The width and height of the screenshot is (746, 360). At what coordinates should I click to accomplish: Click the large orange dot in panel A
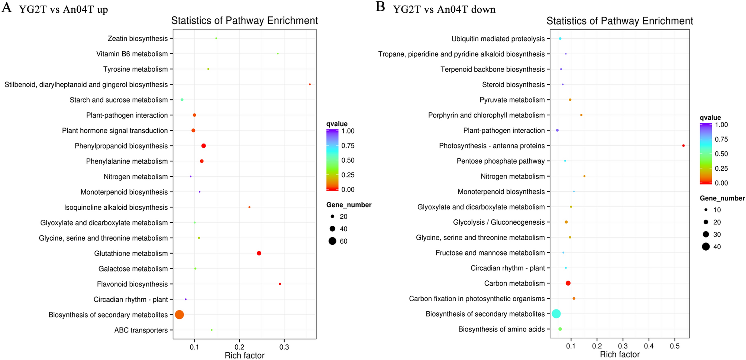click(179, 315)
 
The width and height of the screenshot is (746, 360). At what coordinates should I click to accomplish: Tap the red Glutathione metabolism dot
click(259, 253)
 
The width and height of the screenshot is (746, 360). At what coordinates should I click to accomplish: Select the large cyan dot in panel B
click(556, 314)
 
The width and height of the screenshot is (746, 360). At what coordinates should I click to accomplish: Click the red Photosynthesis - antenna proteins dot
click(683, 146)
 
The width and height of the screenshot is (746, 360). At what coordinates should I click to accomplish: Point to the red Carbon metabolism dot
click(568, 283)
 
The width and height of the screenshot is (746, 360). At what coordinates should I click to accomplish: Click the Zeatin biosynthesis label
click(138, 39)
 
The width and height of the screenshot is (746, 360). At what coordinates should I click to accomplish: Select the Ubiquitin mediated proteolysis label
click(498, 39)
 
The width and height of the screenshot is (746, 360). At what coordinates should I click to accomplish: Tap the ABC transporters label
click(141, 330)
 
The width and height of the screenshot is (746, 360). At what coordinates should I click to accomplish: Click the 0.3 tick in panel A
click(284, 347)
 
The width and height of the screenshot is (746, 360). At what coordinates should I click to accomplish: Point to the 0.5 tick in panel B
click(675, 346)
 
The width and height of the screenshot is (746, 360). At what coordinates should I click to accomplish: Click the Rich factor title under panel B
click(620, 354)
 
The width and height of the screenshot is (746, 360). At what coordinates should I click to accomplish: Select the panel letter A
click(6, 7)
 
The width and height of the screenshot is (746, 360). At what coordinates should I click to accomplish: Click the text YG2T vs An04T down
click(444, 9)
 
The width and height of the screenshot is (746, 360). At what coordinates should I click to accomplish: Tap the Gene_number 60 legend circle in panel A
click(332, 241)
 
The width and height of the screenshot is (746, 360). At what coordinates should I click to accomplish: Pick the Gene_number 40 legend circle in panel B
click(706, 247)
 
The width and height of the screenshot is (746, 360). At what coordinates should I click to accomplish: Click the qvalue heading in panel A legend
click(337, 124)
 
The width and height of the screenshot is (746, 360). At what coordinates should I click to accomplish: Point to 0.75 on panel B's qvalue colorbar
click(721, 139)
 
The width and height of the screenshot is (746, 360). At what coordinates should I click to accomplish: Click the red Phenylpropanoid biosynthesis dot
click(203, 146)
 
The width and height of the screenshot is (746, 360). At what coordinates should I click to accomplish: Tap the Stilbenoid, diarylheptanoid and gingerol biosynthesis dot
click(310, 84)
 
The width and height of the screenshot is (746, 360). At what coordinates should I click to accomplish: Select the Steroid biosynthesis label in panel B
click(513, 85)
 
